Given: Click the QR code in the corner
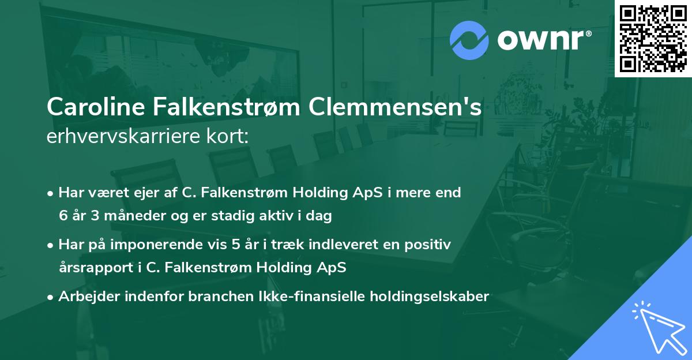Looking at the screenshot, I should click(x=653, y=38).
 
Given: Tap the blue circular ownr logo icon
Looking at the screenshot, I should click(x=469, y=40).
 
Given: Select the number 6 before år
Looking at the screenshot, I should click(x=62, y=216).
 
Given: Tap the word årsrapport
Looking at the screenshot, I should click(x=90, y=268).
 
